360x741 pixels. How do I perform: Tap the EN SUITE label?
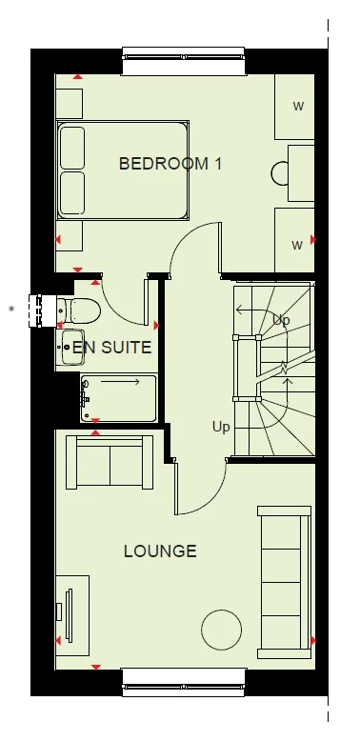(112, 348)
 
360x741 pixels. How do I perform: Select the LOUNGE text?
(161, 551)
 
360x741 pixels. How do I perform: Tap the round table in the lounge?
(221, 629)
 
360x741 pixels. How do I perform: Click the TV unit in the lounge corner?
(72, 609)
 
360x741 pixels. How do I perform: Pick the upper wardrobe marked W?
(296, 107)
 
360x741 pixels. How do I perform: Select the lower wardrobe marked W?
(295, 243)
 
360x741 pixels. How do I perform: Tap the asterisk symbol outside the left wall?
(11, 309)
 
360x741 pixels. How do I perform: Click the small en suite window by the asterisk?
(40, 309)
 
